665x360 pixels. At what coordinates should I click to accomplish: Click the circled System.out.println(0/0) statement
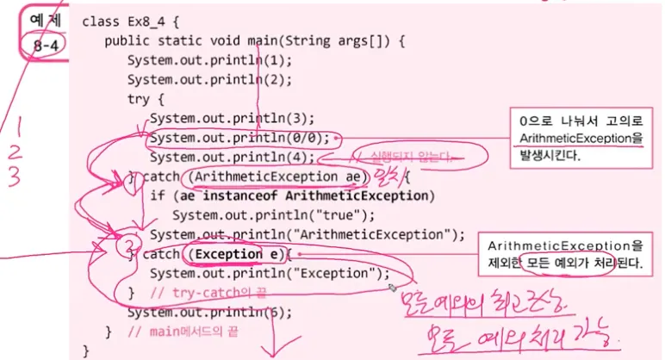(x=239, y=138)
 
